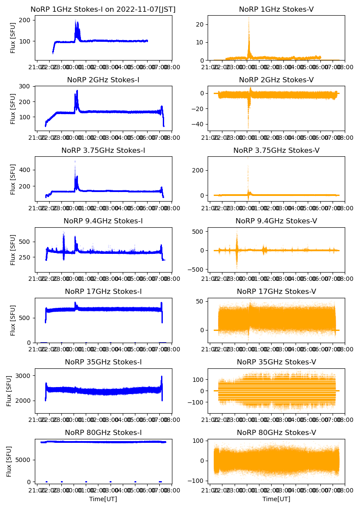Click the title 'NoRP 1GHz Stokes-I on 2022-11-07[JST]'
pos(103,10)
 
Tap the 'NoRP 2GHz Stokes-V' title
pos(276,80)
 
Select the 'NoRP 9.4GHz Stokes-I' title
pos(103,221)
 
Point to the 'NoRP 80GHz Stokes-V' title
pos(276,433)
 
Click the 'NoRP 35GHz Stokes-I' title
pos(103,362)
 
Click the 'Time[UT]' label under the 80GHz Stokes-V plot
pos(276,499)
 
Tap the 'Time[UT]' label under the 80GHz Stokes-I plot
pos(103,499)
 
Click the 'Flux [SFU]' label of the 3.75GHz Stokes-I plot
pos(13,179)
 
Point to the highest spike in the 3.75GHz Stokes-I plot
pos(75,162)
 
